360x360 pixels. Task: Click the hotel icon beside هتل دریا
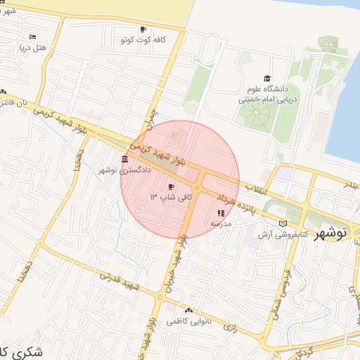coord(33,37)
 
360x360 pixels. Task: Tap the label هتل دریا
coord(32,48)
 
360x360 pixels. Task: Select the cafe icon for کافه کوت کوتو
coord(143,30)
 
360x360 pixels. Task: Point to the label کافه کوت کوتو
coord(143,40)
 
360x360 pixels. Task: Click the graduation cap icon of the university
coord(266,78)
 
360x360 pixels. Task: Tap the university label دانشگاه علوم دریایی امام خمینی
coord(266,94)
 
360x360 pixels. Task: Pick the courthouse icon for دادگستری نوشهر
coord(124,158)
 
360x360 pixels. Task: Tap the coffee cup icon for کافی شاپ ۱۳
coord(171,186)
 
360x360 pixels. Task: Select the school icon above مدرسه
coord(221,212)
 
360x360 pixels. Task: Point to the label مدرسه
coord(221,223)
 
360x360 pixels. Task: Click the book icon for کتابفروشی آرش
coord(283,223)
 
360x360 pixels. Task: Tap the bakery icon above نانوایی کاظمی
coord(188,310)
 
